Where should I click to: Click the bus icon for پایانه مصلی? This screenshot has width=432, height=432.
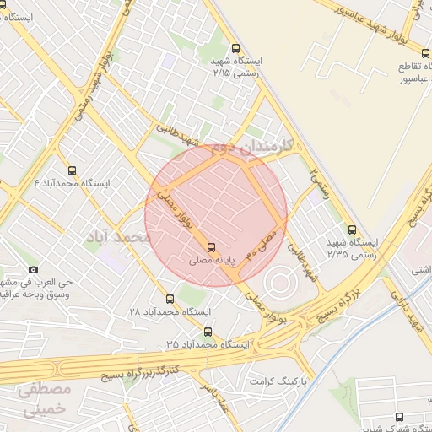click(x=211, y=247)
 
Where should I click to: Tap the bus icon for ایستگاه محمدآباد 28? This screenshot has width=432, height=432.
click(x=170, y=299)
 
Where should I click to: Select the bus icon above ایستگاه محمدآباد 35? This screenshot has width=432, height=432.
click(x=209, y=332)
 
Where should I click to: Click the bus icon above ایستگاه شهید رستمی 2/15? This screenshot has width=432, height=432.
click(x=235, y=48)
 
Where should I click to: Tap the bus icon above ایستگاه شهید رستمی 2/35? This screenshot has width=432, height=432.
click(x=352, y=229)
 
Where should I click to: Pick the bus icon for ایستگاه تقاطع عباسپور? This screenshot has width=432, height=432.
click(x=405, y=50)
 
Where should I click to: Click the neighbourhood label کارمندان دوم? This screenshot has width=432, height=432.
click(x=251, y=147)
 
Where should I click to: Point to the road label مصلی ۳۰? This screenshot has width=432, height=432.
click(x=262, y=240)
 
